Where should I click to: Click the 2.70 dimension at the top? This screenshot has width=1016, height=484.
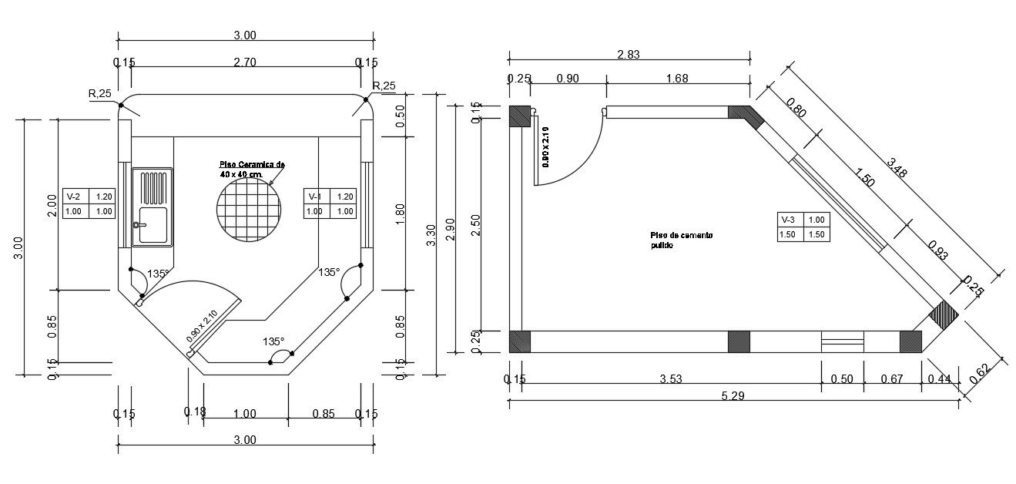tap(244, 62)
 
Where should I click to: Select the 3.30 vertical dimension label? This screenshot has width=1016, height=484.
tap(431, 234)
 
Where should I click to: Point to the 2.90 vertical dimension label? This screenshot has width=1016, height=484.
tap(451, 234)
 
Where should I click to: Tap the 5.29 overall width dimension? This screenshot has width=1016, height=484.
tap(732, 396)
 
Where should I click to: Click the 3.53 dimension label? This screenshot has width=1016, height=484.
tap(671, 378)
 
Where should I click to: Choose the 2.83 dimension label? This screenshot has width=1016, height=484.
tap(629, 55)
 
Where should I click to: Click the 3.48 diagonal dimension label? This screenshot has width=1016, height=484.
tap(897, 168)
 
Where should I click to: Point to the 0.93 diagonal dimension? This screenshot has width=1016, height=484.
tap(937, 251)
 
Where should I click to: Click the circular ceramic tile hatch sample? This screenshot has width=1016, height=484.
tap(249, 210)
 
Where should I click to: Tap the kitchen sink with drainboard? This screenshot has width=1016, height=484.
tap(153, 207)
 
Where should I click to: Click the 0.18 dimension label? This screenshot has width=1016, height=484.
tap(195, 413)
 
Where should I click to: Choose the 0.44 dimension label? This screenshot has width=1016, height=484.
tap(940, 378)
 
